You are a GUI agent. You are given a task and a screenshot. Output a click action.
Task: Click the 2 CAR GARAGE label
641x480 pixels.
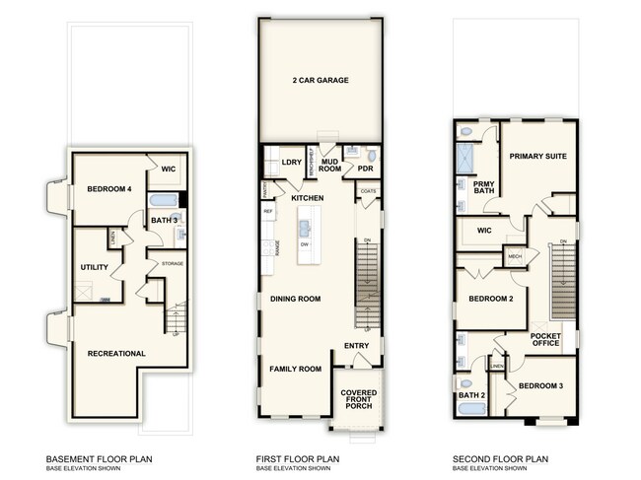(x=320, y=81)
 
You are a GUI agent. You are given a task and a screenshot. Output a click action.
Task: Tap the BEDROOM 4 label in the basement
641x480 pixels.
(x=110, y=189)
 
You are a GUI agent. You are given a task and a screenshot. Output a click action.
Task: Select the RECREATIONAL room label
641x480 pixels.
(x=116, y=353)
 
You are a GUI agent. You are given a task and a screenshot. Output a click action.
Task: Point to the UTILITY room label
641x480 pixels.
(x=95, y=267)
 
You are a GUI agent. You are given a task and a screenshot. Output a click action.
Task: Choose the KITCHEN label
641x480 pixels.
(x=307, y=198)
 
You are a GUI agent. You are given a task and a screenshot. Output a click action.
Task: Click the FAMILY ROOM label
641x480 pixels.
(x=297, y=369)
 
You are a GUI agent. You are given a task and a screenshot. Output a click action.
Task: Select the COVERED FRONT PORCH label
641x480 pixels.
(x=359, y=399)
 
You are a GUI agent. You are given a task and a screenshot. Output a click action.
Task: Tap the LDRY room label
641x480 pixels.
(x=290, y=163)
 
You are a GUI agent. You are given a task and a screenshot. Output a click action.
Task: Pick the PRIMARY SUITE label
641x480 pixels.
(x=537, y=156)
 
